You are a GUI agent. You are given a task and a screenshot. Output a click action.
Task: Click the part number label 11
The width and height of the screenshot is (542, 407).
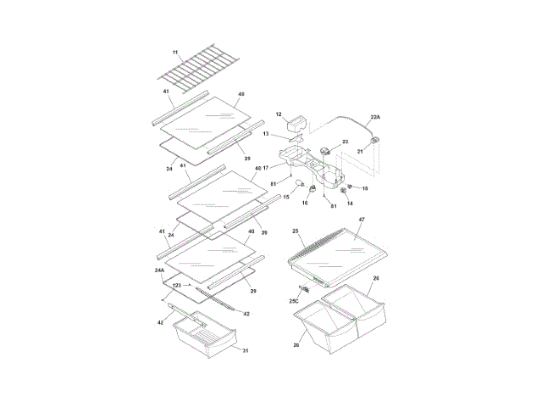(176, 53)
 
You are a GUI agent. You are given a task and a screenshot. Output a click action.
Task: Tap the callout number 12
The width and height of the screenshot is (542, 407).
(279, 114)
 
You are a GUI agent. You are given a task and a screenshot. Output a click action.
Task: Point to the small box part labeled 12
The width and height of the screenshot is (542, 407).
(297, 125)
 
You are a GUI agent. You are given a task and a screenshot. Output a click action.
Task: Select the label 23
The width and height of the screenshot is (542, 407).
(346, 142)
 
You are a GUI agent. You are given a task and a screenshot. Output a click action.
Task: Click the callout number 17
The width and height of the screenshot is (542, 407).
(266, 167)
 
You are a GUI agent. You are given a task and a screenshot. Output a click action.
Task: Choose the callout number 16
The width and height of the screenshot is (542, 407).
(305, 203)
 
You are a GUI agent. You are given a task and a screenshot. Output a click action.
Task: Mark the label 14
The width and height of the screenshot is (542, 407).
(350, 203)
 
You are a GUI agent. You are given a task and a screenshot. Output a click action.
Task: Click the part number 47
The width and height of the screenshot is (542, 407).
(362, 220)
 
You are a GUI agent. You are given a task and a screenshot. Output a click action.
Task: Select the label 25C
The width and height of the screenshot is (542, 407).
(294, 301)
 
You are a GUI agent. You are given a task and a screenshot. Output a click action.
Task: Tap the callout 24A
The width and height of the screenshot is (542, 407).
(159, 270)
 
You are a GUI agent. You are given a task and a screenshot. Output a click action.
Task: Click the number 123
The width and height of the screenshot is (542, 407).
(177, 286)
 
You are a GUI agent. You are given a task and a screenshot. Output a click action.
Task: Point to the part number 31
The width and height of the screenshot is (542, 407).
(246, 350)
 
